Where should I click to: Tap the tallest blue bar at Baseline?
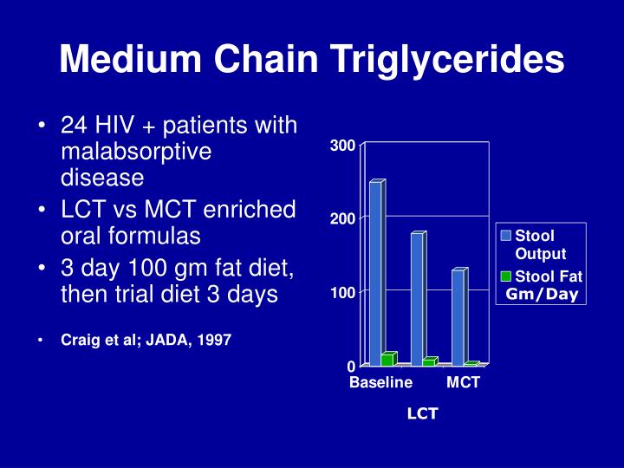pyautogui.click(x=375, y=273)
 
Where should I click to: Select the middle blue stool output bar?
pyautogui.click(x=418, y=299)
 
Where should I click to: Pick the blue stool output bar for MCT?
pyautogui.click(x=458, y=316)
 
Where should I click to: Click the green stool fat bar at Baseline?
pyautogui.click(x=387, y=359)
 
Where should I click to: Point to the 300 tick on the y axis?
pyautogui.click(x=342, y=146)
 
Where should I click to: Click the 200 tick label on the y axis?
pyautogui.click(x=342, y=219)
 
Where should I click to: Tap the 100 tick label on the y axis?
pyautogui.click(x=342, y=293)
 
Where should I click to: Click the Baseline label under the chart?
pyautogui.click(x=380, y=382)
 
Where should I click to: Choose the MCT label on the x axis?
pyautogui.click(x=463, y=382)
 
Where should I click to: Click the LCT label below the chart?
pyautogui.click(x=423, y=414)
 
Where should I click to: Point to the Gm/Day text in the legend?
pyautogui.click(x=542, y=295)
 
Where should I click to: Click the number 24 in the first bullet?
pyautogui.click(x=72, y=127)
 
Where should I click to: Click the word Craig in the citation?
pyautogui.click(x=77, y=341)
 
